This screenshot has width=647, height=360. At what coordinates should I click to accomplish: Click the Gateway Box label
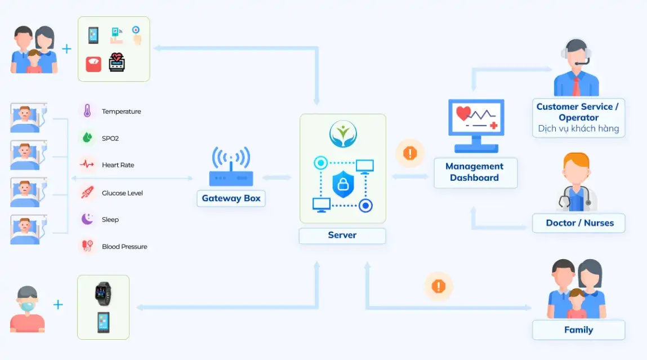231,198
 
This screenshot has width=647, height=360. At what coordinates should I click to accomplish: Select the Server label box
342,235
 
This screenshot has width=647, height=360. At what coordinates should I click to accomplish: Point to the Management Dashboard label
475,172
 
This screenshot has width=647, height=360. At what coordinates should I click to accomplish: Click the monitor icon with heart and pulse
476,125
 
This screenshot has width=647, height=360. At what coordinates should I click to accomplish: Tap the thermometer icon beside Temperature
87,111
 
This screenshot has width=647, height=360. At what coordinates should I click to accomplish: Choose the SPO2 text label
110,138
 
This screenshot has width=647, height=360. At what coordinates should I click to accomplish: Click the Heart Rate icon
87,165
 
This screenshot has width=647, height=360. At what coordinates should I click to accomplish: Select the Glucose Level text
122,193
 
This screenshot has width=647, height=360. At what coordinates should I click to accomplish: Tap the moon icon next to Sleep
87,219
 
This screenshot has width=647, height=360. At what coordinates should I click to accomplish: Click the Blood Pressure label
124,246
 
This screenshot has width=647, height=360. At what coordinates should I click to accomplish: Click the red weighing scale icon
93,63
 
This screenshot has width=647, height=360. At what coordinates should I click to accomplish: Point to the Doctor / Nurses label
579,223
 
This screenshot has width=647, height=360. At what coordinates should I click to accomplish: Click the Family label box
578,330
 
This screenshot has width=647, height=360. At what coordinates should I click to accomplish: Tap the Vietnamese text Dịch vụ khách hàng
578,128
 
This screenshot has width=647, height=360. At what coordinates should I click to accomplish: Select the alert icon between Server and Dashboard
410,153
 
